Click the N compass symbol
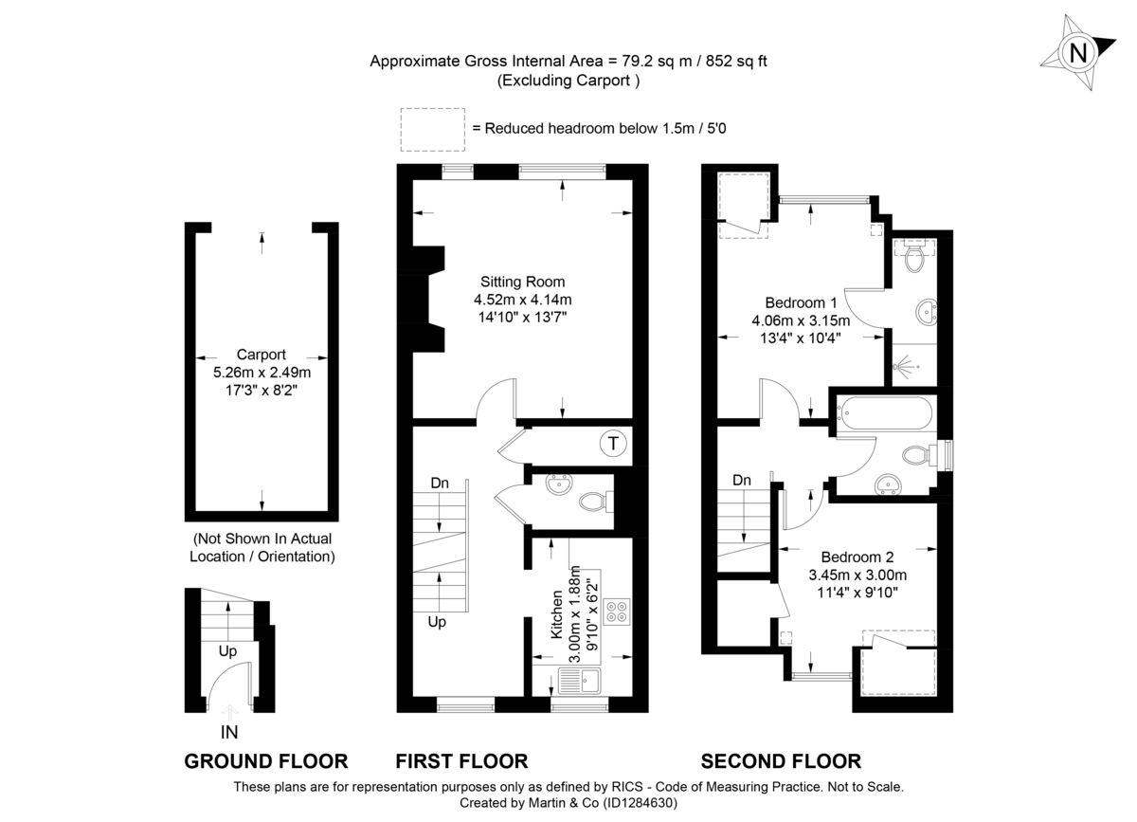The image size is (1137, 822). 1077,53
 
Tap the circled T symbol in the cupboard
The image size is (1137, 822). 614,443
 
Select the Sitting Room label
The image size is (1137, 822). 522,282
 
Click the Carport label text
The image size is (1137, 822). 262,355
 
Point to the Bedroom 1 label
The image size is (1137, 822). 801,302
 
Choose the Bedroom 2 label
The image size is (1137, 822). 857,557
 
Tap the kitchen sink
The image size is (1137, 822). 577,679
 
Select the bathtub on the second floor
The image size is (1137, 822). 883,413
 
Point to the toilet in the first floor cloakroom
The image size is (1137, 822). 591,500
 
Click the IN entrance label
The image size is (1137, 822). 229,732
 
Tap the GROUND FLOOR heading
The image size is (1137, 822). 265,760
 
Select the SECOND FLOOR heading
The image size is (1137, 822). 781,760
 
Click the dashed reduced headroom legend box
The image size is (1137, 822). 432,129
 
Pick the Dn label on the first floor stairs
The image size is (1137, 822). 440,484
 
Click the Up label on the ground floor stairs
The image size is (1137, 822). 227,651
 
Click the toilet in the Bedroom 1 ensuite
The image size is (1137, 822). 915,257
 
